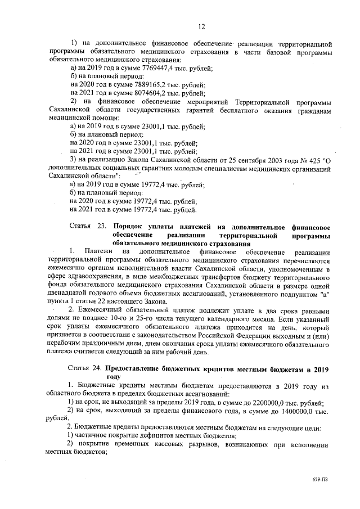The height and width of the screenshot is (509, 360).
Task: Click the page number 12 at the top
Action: (201, 26)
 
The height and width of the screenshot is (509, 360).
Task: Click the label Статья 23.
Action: (83, 227)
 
